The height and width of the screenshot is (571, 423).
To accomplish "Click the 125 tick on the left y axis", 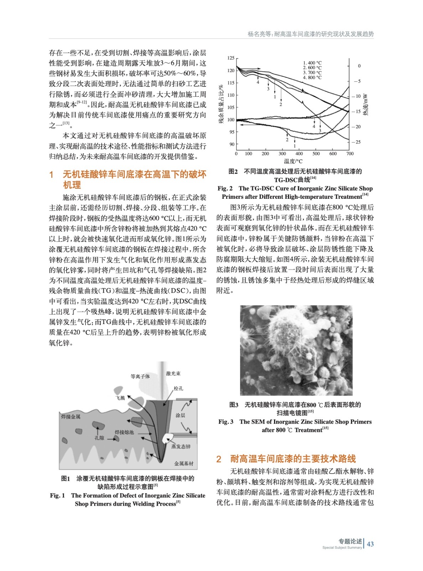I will [231, 58].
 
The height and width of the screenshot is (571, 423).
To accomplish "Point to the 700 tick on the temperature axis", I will [350, 154].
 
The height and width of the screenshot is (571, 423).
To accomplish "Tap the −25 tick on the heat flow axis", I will [357, 142].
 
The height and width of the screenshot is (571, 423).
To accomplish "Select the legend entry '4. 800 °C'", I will [312, 77].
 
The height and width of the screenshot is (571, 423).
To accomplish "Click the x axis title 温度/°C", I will [293, 161].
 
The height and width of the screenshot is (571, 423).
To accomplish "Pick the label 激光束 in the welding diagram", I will [174, 374].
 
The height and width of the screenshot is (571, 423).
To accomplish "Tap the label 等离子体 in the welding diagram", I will [140, 377].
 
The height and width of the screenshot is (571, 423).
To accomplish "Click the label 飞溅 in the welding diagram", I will [120, 398].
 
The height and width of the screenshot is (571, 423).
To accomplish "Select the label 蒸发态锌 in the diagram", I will [181, 446].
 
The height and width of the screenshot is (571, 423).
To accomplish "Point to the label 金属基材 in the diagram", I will [184, 464].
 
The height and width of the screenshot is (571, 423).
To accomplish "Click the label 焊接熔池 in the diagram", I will [124, 432].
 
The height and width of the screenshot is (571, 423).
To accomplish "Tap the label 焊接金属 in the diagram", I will [71, 416].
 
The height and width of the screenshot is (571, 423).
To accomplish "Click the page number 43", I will [370, 544].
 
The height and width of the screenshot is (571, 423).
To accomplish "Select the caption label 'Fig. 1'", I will [57, 495].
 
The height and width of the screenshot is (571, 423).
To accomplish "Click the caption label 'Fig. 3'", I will [226, 422].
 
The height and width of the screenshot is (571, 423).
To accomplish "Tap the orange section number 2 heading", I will [219, 459].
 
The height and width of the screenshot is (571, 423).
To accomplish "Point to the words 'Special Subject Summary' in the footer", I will [342, 547].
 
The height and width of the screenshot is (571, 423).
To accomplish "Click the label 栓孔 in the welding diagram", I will [179, 388].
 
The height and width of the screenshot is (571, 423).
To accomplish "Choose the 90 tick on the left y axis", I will [232, 145].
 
